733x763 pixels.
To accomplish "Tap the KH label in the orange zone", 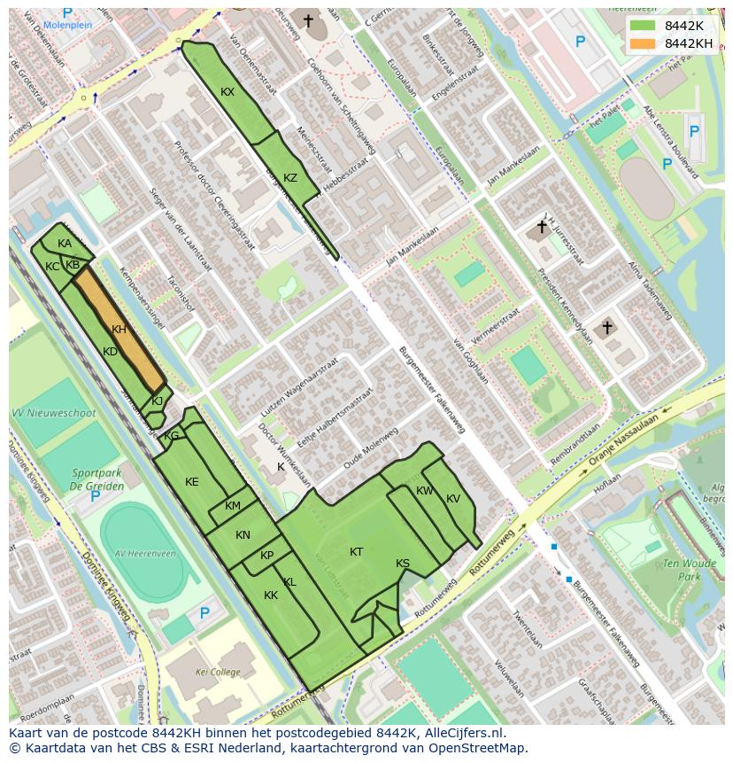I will click(120, 330).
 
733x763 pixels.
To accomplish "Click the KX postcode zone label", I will click(228, 92).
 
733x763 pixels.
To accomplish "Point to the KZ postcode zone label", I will click(290, 178).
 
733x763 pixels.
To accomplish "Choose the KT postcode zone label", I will click(356, 552).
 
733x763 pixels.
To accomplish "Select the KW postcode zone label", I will click(425, 491).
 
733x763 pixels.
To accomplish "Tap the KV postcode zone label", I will click(453, 499).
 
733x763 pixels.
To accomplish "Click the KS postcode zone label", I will click(403, 564).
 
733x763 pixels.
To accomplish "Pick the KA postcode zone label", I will click(65, 244).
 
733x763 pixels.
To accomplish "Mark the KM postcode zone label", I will click(233, 506).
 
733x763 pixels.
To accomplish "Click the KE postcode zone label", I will click(192, 482).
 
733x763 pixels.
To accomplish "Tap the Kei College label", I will click(218, 673).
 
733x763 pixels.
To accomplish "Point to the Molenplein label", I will click(68, 26).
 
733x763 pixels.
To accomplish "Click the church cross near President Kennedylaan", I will click(606, 328).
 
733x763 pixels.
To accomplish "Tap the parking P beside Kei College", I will click(204, 613).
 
